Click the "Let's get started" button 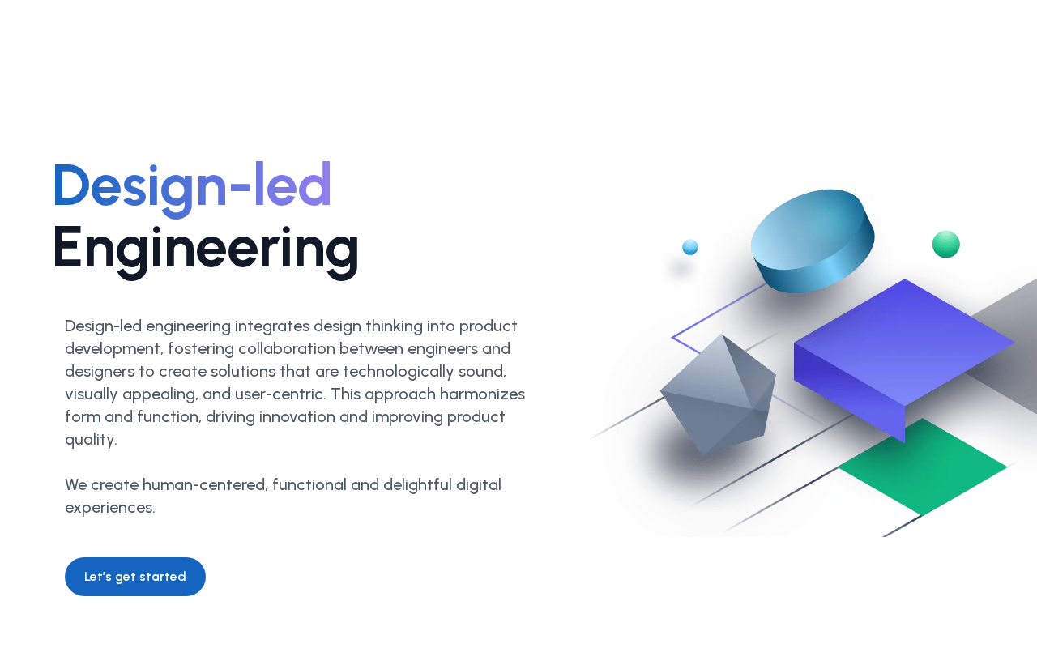(135, 577)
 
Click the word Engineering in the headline (206, 251)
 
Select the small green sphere (945, 244)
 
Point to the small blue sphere (689, 247)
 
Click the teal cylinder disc (813, 241)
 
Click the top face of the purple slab (904, 343)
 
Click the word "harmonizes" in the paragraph (482, 394)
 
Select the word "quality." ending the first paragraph (91, 440)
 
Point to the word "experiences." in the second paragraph (110, 508)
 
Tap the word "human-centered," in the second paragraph (205, 485)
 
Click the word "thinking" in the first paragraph (394, 326)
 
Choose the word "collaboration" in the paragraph (287, 348)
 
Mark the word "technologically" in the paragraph (398, 372)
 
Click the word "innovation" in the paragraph (297, 417)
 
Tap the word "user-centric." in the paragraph (280, 394)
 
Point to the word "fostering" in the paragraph (201, 349)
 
